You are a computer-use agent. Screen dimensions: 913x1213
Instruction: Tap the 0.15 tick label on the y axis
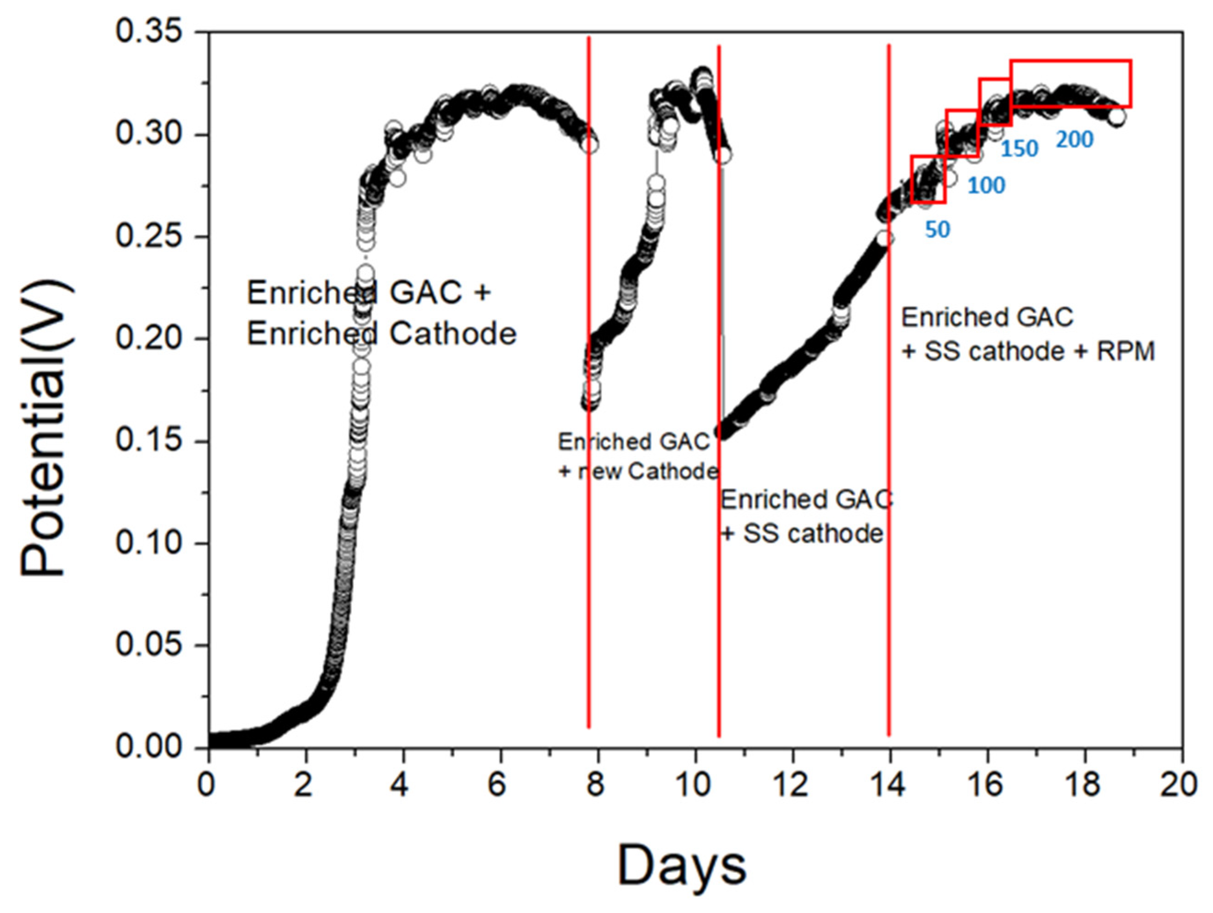[148, 442]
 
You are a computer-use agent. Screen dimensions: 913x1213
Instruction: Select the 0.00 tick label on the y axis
[148, 748]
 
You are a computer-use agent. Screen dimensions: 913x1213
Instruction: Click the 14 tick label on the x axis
[888, 785]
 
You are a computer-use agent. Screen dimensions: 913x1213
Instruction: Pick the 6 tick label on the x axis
[497, 785]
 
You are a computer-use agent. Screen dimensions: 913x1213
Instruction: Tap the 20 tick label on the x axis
[1179, 785]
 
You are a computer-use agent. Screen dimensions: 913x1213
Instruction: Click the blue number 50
[937, 230]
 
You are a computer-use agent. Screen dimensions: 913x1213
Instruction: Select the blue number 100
[986, 187]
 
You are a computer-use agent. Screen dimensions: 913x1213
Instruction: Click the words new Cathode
[647, 471]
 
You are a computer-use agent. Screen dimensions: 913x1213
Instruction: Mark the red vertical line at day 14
[889, 493]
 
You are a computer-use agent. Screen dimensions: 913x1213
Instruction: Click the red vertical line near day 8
[588, 548]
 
